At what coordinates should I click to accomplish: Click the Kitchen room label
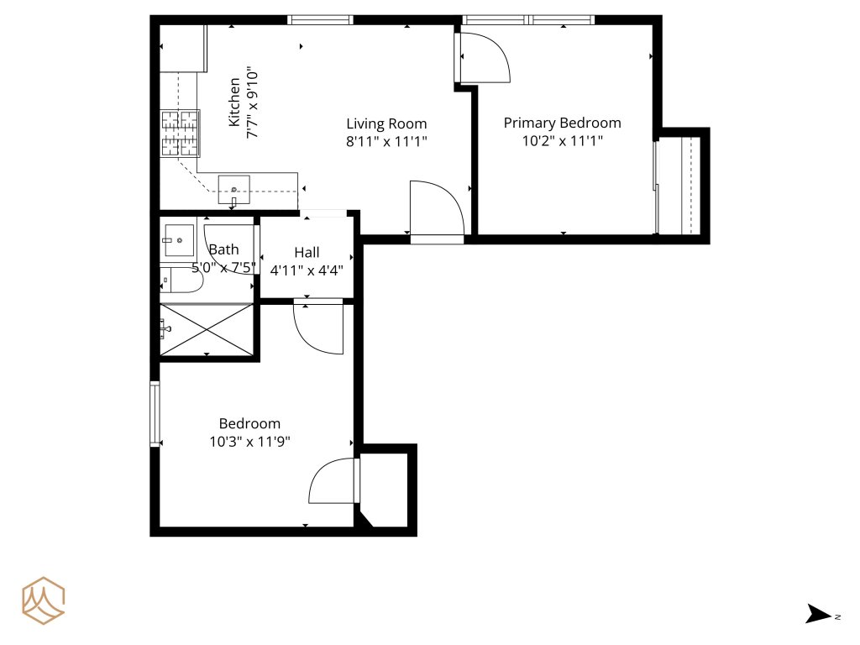[234, 102]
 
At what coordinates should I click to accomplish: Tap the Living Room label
[386, 124]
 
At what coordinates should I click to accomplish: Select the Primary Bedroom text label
[562, 123]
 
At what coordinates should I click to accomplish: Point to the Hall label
[307, 252]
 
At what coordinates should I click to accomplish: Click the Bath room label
[223, 249]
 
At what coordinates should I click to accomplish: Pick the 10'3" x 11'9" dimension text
[249, 442]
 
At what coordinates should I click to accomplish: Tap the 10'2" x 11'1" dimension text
[562, 141]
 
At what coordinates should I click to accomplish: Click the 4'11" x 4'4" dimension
[307, 270]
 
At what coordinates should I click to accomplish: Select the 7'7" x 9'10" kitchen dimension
[252, 103]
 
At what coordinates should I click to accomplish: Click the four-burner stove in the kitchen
[180, 134]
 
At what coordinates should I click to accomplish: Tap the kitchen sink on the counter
[233, 190]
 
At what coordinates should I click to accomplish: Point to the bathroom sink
[178, 240]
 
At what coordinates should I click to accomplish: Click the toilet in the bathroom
[181, 281]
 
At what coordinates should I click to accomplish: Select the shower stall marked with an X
[207, 329]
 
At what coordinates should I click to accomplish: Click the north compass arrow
[818, 614]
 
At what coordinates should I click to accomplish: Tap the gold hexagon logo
[44, 600]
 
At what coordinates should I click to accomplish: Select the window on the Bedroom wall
[155, 413]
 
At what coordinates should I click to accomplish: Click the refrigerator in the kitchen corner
[182, 48]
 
